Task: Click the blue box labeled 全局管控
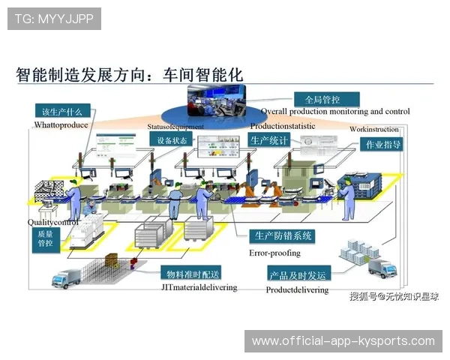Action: pos(322,99)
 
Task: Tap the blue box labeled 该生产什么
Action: pos(61,112)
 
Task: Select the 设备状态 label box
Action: pos(168,140)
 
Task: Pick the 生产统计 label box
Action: pos(268,140)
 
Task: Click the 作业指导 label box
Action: pos(382,144)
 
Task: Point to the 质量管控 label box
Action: pos(45,238)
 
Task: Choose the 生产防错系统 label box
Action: pos(282,235)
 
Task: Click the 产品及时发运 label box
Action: pos(298,274)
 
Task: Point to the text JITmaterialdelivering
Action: pos(199,288)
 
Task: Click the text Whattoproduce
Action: pos(62,125)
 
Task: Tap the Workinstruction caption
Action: pos(374,129)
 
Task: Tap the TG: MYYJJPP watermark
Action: pos(54,18)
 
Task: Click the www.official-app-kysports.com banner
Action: pos(343,341)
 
